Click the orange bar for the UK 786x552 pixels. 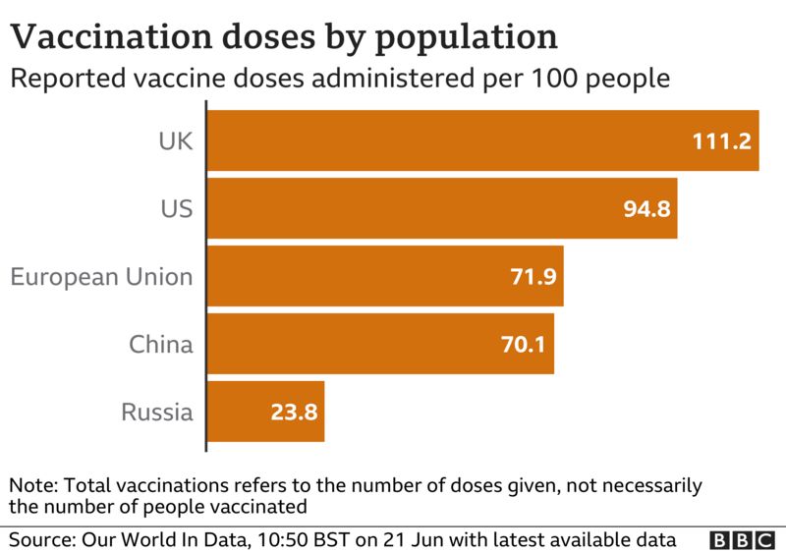[481, 140]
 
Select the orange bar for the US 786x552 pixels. [441, 208]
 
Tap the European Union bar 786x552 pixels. [384, 276]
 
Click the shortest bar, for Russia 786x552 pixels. [265, 412]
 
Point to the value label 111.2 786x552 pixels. [721, 141]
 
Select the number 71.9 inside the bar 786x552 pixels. [533, 277]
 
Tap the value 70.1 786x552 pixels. [525, 345]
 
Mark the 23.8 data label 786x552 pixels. [294, 413]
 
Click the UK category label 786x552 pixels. [176, 140]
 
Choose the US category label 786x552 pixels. [177, 208]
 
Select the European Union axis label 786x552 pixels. [101, 276]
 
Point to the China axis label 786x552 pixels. [161, 344]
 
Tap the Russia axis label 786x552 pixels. [157, 412]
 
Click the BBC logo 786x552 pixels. [743, 540]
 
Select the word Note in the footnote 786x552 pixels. [29, 485]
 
